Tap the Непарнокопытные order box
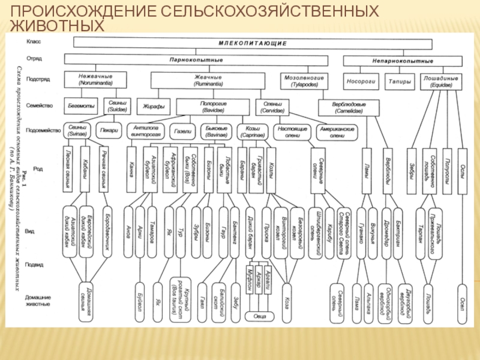(403, 61)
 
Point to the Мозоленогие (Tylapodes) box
(304, 81)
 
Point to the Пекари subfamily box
(109, 130)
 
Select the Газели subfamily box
(182, 130)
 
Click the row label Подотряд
(38, 79)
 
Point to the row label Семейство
(39, 106)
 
